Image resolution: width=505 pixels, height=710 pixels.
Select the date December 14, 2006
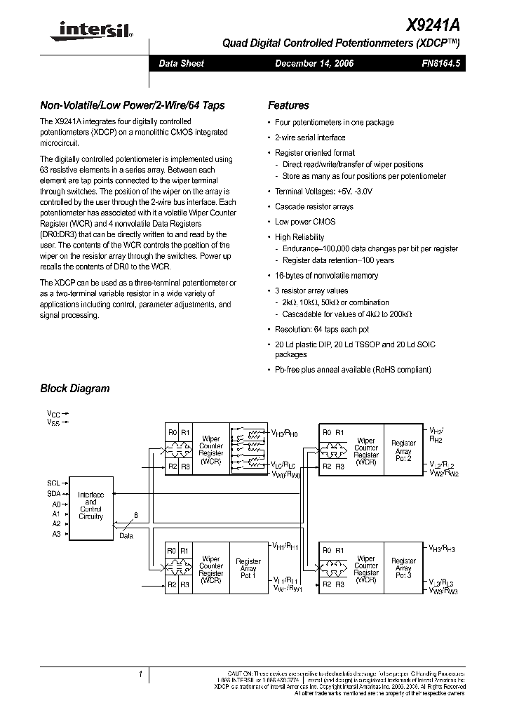point(314,63)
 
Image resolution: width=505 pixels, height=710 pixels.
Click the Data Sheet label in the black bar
point(181,63)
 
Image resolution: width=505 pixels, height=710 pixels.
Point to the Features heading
point(288,106)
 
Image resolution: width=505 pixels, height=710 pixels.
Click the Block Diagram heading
point(74,388)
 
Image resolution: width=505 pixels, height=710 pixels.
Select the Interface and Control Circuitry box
point(90,506)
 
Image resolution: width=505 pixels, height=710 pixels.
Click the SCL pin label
point(54,483)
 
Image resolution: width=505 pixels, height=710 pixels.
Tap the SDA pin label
point(54,494)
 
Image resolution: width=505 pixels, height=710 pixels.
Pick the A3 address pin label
point(56,534)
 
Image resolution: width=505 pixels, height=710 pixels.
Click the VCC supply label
point(53,414)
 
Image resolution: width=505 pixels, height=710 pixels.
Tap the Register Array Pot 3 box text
point(403,569)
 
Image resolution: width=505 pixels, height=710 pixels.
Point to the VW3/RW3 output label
point(443,591)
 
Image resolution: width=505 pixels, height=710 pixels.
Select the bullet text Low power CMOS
point(305,221)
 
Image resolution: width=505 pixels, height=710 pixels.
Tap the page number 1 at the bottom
point(141,675)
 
